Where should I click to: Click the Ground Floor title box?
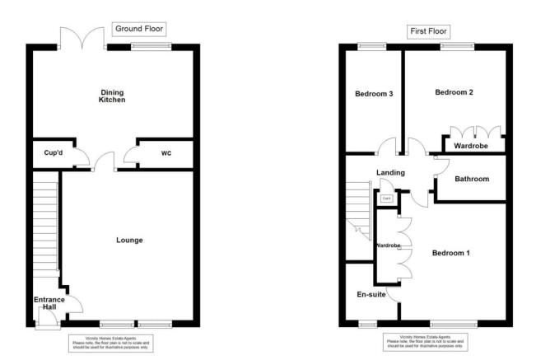click(x=139, y=29)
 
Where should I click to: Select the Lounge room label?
click(x=129, y=241)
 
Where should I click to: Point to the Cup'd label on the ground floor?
click(x=46, y=152)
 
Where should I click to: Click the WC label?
click(x=165, y=152)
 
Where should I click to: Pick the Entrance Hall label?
click(x=49, y=302)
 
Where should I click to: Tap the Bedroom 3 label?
click(x=373, y=94)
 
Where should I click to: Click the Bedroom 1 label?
click(x=450, y=252)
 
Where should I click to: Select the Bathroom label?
click(x=472, y=179)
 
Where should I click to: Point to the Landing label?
click(x=390, y=172)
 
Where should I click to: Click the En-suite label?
click(x=371, y=292)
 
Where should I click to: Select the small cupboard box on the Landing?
click(x=385, y=199)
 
